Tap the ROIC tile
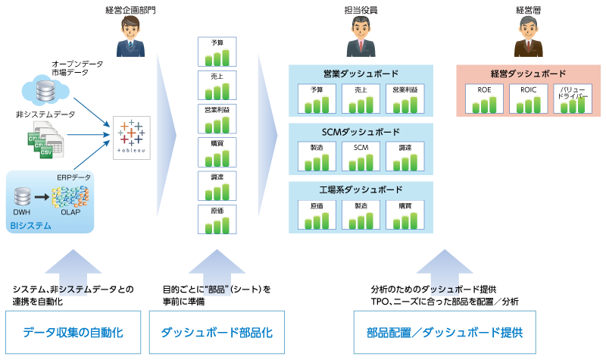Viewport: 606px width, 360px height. [527, 99]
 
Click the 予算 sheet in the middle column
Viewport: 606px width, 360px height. [217, 51]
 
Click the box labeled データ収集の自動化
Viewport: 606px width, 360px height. [73, 332]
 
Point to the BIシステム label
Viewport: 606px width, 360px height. [32, 225]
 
